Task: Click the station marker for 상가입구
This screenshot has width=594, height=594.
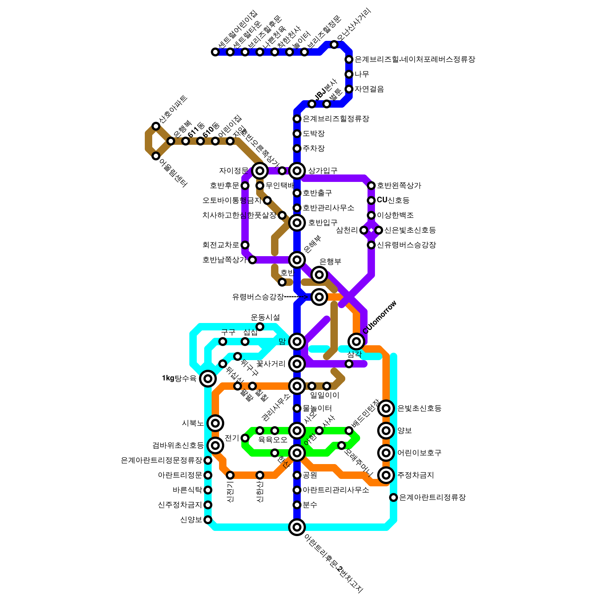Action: [x=297, y=171]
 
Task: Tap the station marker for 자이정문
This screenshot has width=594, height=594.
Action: [x=260, y=171]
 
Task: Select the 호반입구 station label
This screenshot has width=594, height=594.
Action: [x=323, y=223]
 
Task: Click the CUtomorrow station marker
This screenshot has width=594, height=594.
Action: [x=356, y=341]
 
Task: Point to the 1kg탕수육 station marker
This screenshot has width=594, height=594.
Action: [x=208, y=379]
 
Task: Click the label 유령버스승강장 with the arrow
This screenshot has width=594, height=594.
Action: [x=258, y=297]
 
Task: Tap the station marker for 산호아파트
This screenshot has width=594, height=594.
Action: [x=156, y=126]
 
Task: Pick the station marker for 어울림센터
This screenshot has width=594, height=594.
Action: [x=156, y=156]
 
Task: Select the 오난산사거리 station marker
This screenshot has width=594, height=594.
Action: [x=334, y=45]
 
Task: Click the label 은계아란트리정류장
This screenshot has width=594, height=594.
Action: [x=432, y=497]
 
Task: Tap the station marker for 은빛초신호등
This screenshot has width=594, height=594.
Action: [x=386, y=408]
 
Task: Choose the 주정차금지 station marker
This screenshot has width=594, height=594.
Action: [x=386, y=475]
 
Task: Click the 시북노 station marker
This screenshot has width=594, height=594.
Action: [x=215, y=423]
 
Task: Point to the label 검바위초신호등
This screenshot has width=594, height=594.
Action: [x=178, y=446]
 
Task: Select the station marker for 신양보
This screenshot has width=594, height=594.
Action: [x=208, y=520]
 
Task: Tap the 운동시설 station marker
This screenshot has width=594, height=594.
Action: [x=260, y=327]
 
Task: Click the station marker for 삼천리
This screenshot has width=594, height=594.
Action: [x=364, y=230]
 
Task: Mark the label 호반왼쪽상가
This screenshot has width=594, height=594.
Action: [x=399, y=186]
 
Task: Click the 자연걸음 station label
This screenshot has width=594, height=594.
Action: [x=369, y=89]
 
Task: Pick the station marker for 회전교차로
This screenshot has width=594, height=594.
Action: [x=245, y=245]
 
